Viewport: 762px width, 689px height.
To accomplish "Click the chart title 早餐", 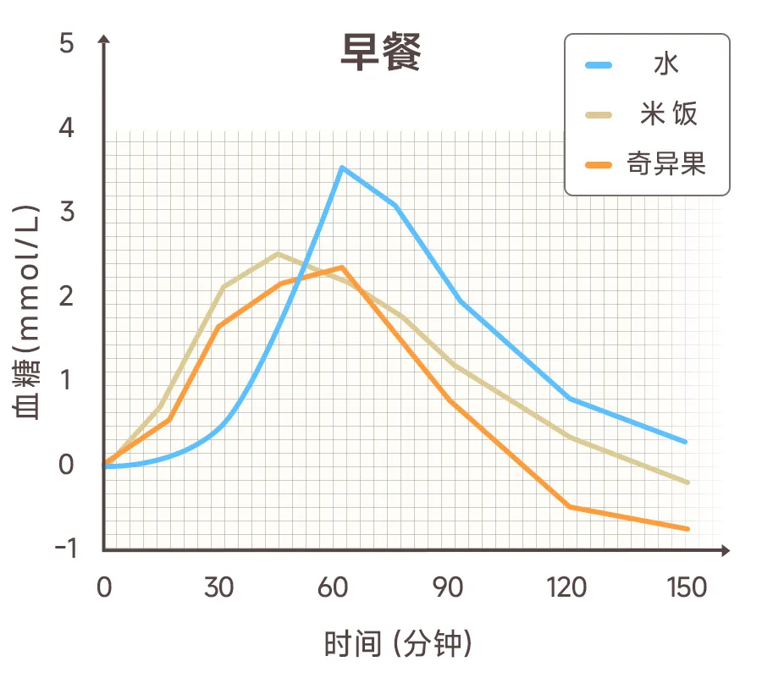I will coord(380,53).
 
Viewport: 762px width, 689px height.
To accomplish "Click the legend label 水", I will coord(666,65).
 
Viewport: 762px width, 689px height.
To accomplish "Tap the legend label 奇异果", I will coord(666,162).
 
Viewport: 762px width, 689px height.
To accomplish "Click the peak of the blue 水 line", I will coord(341,168).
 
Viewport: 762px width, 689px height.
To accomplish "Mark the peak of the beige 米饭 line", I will coord(278,253).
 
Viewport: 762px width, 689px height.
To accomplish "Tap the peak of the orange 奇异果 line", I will coord(341,267).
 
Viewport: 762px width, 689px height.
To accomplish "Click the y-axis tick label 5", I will coord(66,43).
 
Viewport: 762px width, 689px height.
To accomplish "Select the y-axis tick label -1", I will coord(64,548).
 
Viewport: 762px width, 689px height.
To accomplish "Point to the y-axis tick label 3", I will coord(66,212).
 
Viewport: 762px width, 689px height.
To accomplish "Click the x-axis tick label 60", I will coord(334,587).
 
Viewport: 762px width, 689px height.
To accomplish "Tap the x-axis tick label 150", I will coord(686,587).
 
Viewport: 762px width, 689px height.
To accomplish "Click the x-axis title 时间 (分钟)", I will coord(398,644).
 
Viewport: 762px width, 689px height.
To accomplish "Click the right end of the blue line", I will coord(685,442).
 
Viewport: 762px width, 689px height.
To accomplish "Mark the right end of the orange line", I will coord(688,529).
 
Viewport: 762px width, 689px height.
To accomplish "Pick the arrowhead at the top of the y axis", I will coord(104,40).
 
